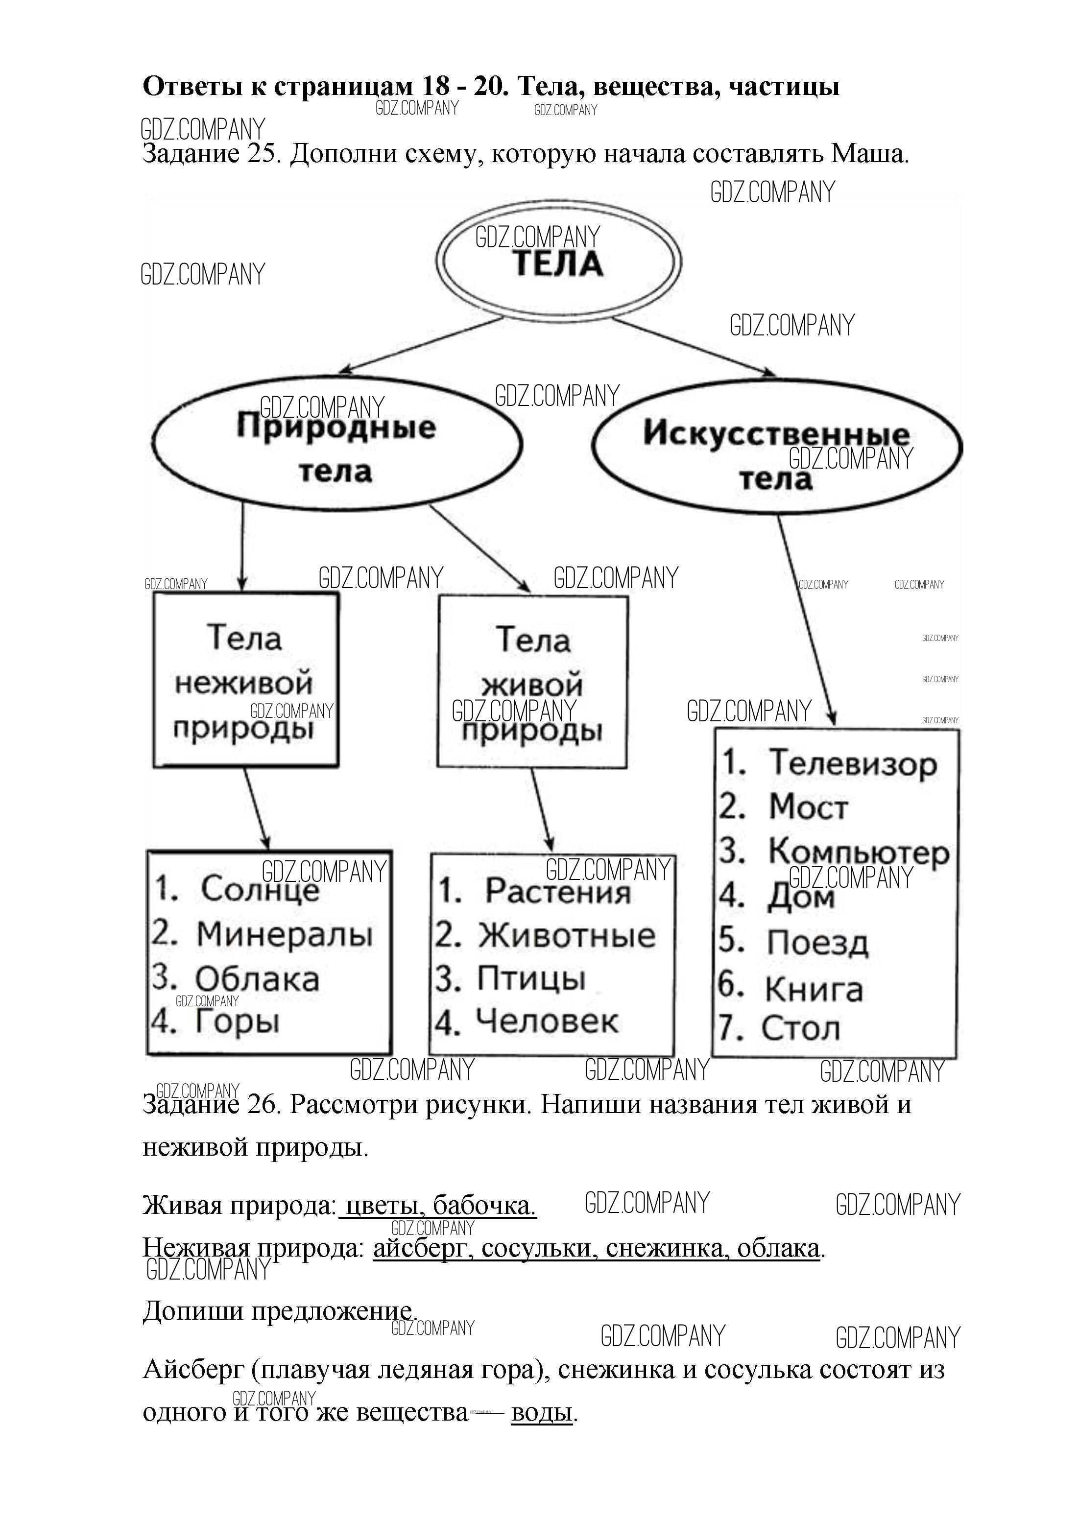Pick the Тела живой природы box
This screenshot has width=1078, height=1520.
532,682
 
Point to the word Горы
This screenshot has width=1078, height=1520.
237,1021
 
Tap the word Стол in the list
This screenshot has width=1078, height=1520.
800,1028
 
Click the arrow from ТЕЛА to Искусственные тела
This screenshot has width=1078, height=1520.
694,347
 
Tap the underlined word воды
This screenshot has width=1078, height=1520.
541,1412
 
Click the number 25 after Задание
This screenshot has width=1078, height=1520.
262,155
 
